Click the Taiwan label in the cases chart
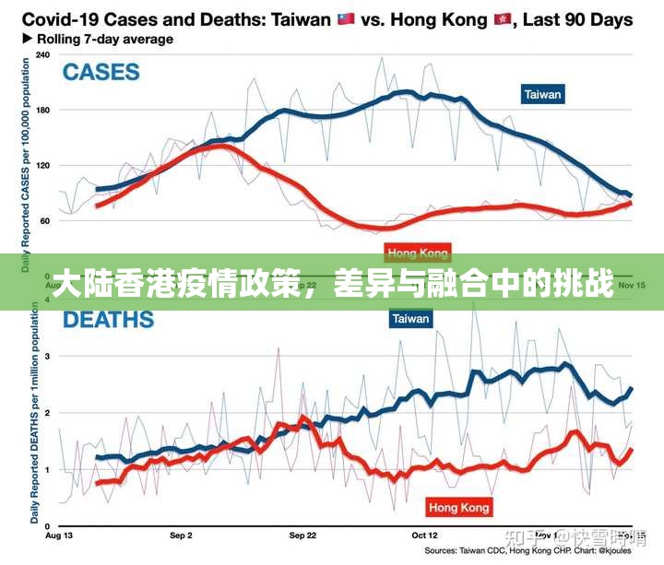point(542,95)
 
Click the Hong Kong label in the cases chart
point(418,253)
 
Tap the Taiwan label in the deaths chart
point(411,319)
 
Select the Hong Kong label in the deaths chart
point(459,507)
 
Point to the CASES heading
point(101,72)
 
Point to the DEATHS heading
point(108,320)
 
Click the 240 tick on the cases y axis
point(42,54)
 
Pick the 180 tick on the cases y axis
point(42,110)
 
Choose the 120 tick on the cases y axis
point(42,166)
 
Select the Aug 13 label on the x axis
point(58,535)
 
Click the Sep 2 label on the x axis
point(182,535)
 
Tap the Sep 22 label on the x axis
point(302,535)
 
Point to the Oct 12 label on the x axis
point(424,535)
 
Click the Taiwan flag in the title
point(346,19)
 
